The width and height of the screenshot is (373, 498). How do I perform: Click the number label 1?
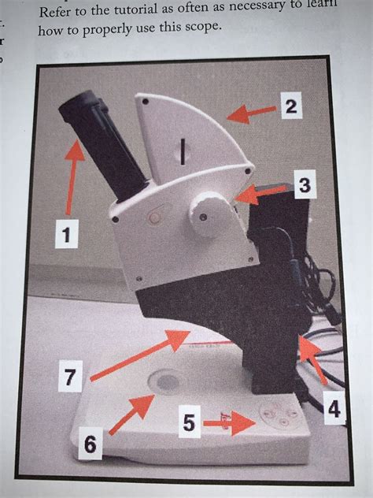(x=68, y=236)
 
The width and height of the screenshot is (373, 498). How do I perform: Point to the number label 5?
(x=187, y=423)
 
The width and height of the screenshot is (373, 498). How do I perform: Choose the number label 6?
(x=90, y=446)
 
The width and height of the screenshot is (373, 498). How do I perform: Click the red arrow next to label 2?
(x=251, y=115)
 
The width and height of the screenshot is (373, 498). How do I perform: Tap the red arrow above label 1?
(x=72, y=180)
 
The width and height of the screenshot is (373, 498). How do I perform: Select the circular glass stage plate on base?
(x=167, y=382)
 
